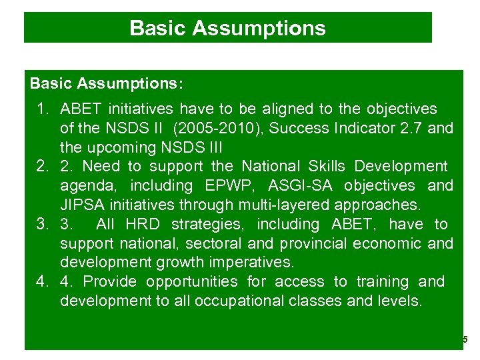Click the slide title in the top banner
(x=227, y=28)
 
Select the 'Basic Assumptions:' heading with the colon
(x=107, y=85)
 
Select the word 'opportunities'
(x=191, y=281)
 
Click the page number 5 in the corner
(x=465, y=340)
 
